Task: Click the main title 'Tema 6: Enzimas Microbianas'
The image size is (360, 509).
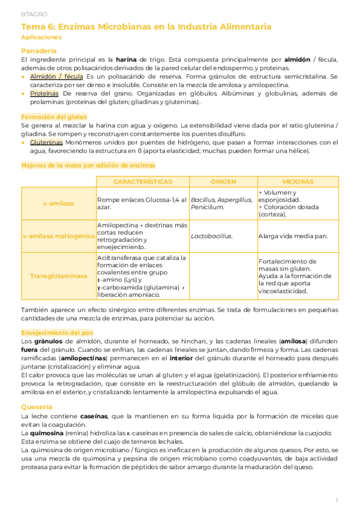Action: [x=146, y=27]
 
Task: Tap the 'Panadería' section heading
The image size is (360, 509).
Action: [x=39, y=50]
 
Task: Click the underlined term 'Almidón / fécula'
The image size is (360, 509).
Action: [x=56, y=77]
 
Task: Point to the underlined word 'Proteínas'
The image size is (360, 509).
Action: [x=44, y=94]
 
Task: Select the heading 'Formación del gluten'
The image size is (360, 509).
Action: [x=54, y=116]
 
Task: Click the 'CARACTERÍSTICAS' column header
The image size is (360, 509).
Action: [x=142, y=181]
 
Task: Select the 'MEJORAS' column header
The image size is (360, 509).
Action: [x=298, y=181]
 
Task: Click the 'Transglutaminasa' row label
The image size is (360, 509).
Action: [x=58, y=276]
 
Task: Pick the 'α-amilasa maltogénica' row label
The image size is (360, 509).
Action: [x=58, y=236]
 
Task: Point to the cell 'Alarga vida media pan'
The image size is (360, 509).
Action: [x=293, y=236]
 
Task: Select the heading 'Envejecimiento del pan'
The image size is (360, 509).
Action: [x=57, y=331]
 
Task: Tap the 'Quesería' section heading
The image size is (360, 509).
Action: [x=37, y=407]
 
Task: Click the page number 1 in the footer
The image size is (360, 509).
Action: [x=337, y=499]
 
